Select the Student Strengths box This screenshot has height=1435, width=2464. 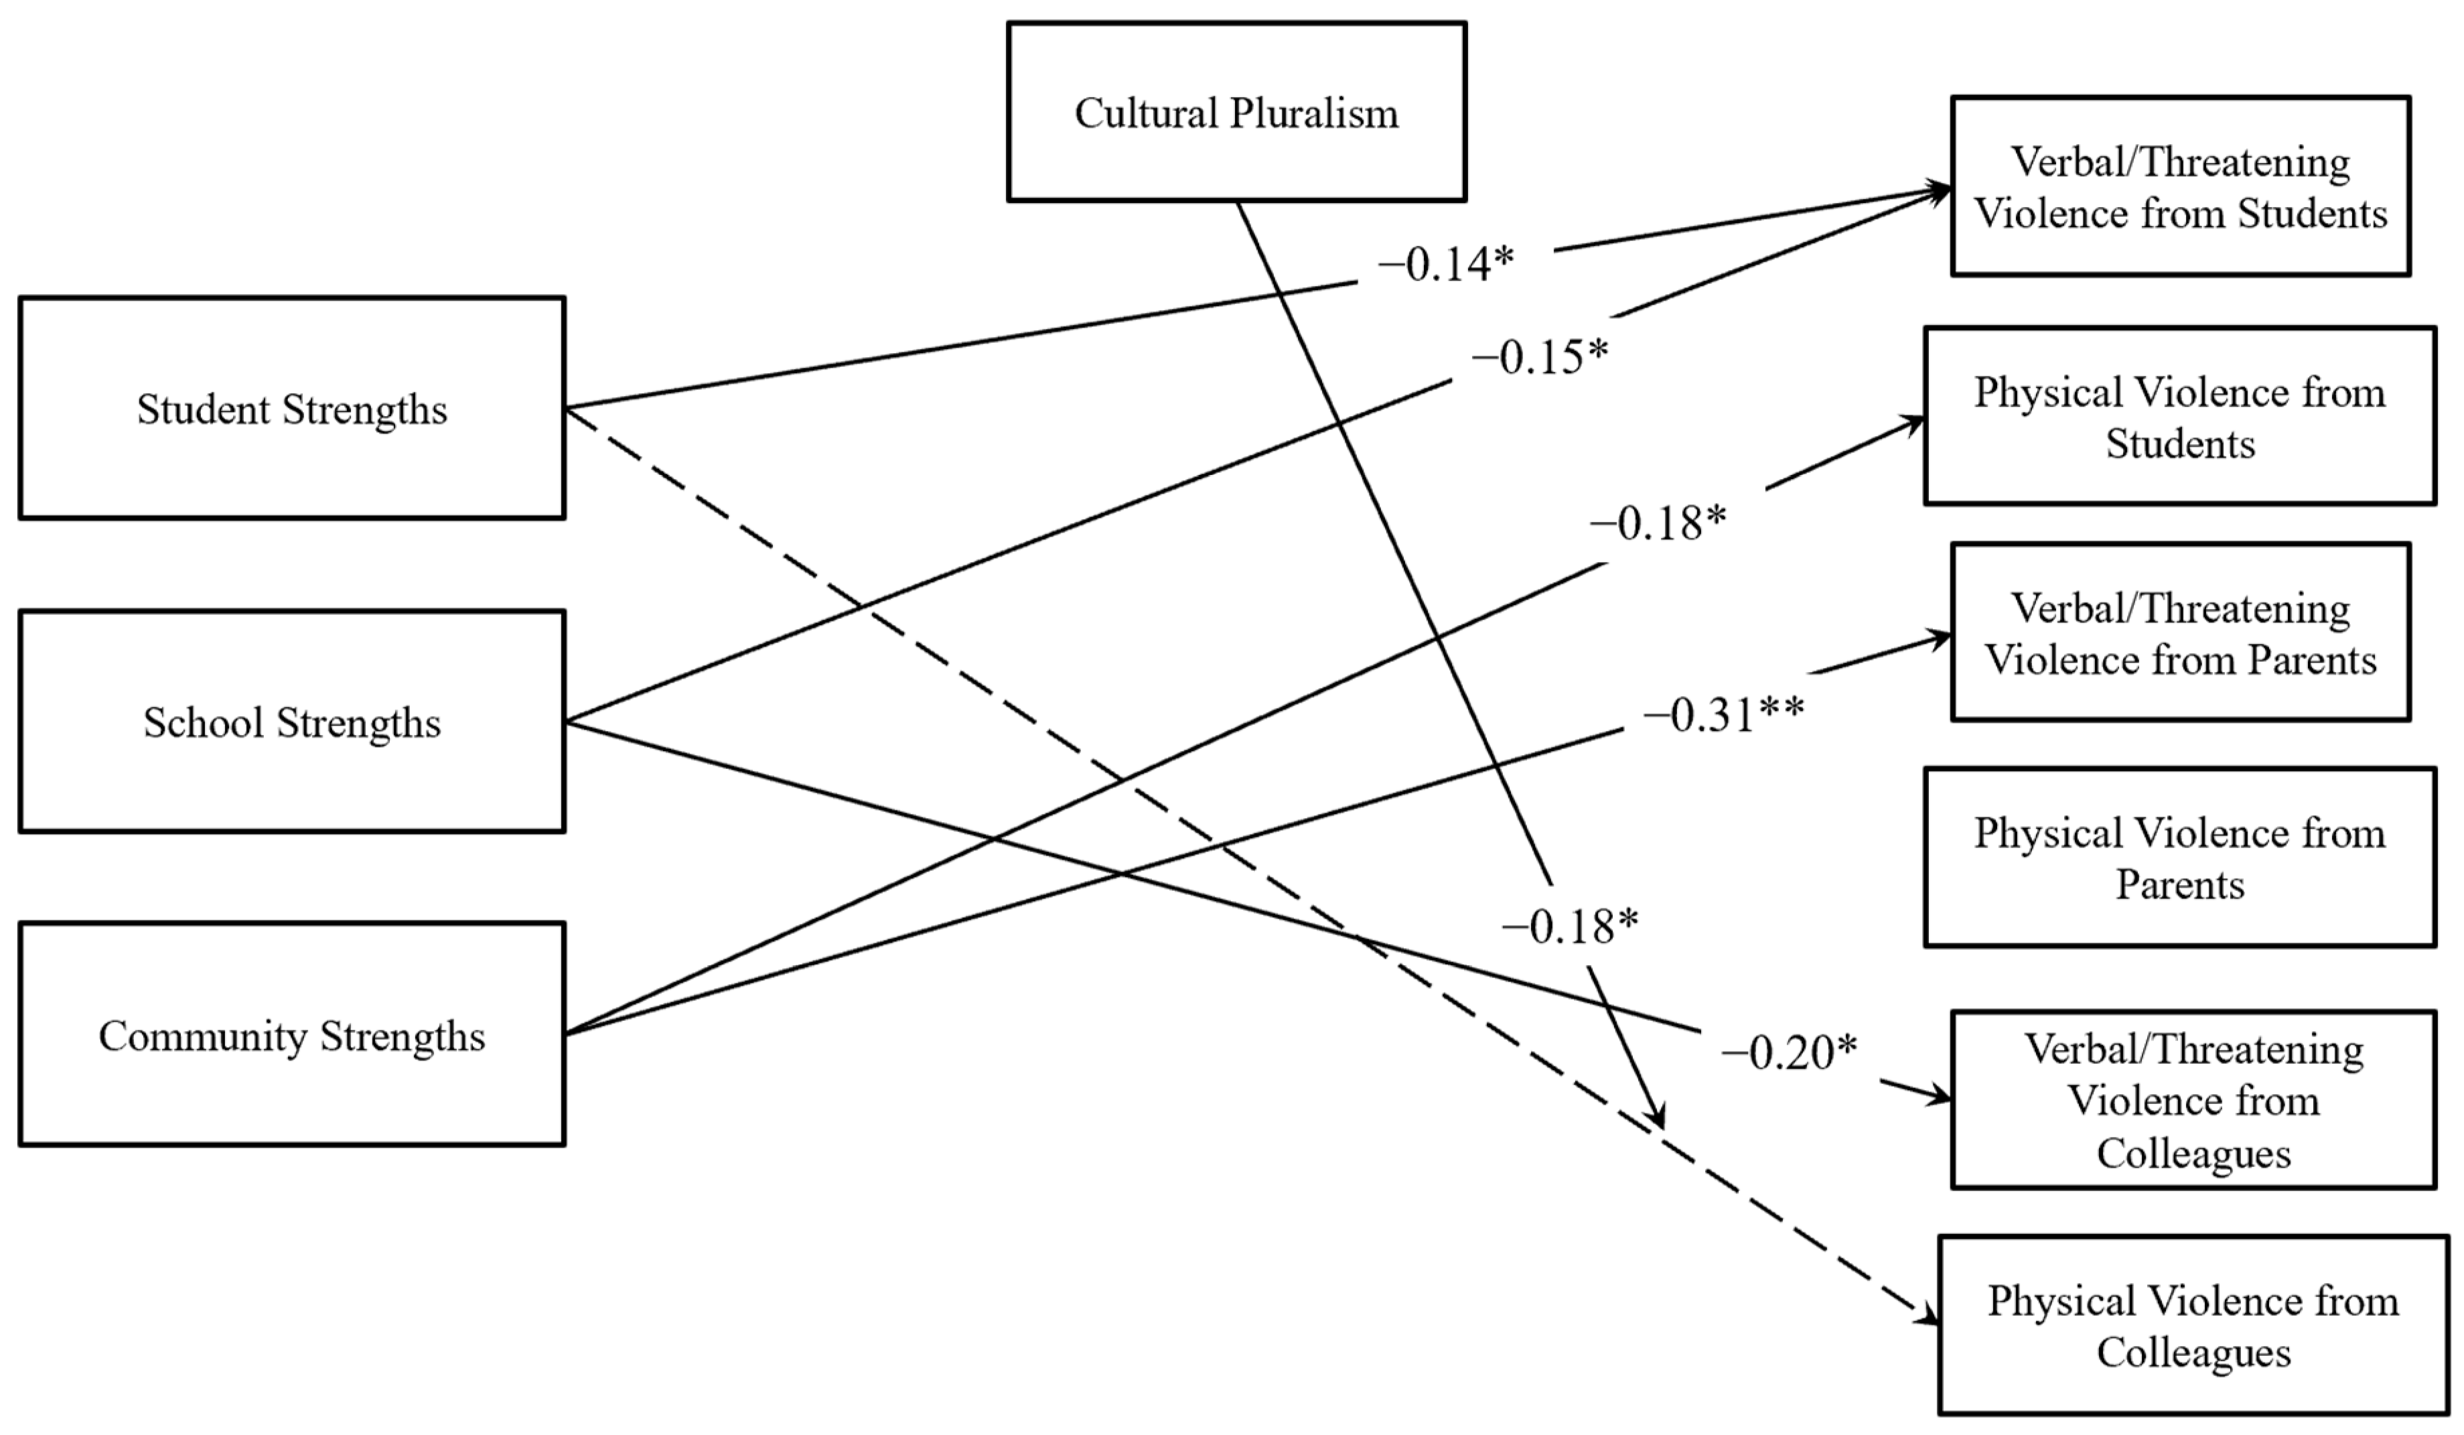tap(291, 408)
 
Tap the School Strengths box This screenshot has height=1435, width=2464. tap(291, 722)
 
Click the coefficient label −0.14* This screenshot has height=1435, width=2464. tap(1445, 264)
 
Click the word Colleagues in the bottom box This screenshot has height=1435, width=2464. tap(2193, 1353)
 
